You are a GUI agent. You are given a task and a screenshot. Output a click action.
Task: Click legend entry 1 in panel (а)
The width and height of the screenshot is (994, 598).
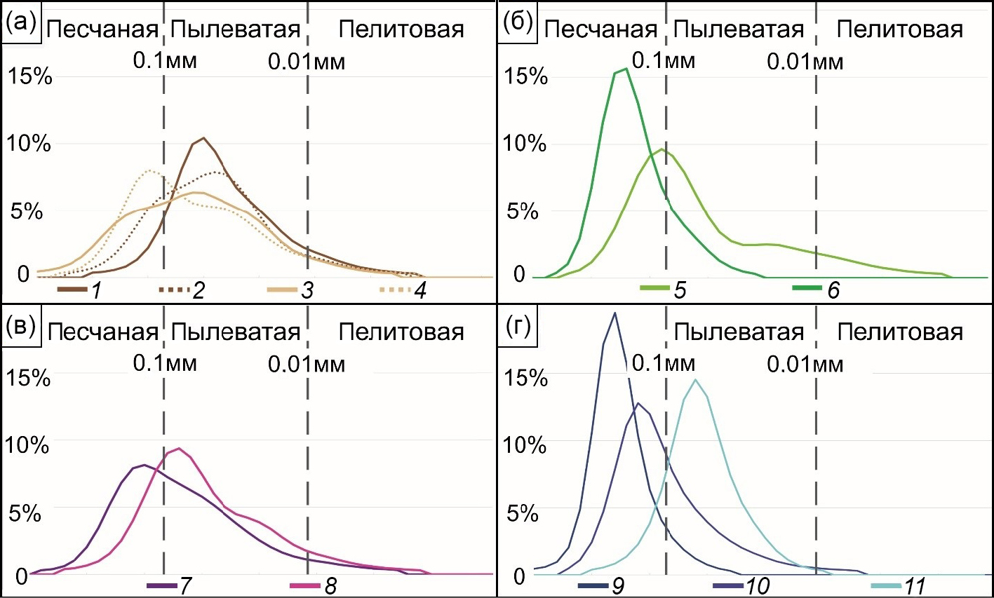pos(81,290)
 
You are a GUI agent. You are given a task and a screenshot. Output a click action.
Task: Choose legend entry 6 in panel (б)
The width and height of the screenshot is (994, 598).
pos(817,289)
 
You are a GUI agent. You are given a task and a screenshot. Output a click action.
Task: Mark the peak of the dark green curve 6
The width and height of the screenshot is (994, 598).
pos(625,69)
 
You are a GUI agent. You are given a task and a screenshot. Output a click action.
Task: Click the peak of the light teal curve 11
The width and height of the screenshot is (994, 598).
pos(695,380)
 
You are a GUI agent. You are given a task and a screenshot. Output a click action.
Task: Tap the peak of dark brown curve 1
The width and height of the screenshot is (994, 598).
pos(203,137)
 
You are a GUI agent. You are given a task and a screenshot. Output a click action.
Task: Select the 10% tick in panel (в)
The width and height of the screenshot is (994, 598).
pos(27,444)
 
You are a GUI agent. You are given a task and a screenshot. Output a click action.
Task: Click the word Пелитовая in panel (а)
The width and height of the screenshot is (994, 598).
pos(401,29)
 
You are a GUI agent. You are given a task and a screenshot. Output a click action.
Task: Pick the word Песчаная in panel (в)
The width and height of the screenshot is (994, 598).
pos(102,332)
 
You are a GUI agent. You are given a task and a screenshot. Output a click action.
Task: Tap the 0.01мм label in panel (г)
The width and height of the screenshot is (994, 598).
pos(805,364)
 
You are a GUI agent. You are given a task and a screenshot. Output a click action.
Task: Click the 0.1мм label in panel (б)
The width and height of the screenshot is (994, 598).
pos(664,61)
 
